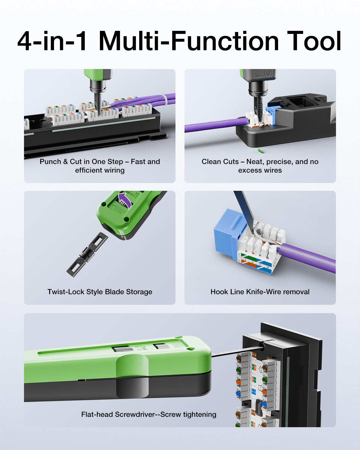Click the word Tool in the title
click(314, 41)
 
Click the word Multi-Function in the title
click(189, 41)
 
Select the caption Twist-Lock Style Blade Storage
click(100, 292)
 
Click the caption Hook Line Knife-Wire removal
click(260, 292)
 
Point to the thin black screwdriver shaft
click(237, 351)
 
